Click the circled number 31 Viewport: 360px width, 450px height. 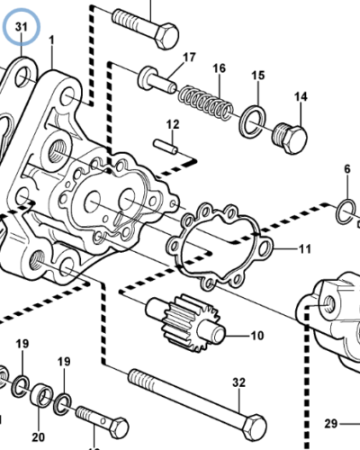22,29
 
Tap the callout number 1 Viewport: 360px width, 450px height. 51,40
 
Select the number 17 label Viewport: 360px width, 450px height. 189,58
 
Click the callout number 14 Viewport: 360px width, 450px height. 300,96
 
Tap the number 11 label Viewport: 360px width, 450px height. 304,248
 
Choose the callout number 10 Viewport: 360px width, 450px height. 256,337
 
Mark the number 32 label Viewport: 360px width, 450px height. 238,383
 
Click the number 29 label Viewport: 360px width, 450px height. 329,423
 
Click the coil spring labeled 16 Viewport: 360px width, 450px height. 202,98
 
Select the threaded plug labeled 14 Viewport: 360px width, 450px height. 291,136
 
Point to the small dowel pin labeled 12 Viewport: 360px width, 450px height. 163,143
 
